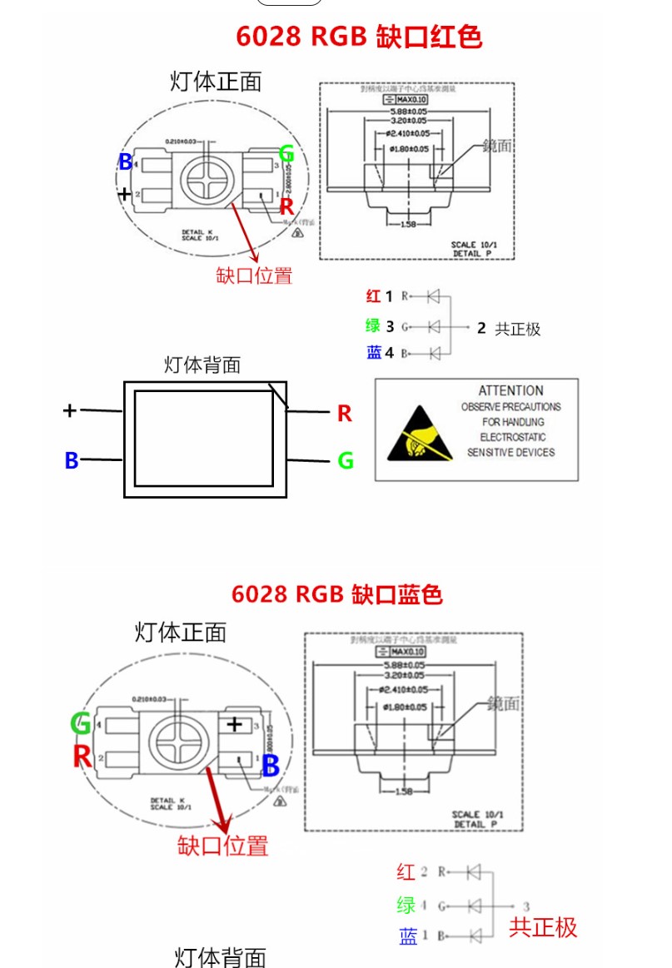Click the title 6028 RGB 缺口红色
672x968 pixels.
click(359, 37)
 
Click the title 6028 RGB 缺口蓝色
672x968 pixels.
click(336, 594)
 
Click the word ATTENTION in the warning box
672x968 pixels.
click(510, 390)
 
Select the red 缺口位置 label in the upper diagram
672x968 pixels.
click(254, 276)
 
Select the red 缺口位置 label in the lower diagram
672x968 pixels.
click(223, 846)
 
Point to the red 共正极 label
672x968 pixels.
click(543, 927)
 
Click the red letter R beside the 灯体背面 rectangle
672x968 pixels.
click(345, 414)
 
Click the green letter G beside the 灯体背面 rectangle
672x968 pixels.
click(346, 460)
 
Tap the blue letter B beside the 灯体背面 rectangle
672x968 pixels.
click(72, 460)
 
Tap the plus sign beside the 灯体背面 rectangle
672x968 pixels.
click(70, 410)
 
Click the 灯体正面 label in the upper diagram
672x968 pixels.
click(216, 81)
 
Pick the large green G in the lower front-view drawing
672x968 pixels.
click(81, 723)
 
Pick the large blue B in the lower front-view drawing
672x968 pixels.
click(270, 767)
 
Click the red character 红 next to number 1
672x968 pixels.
click(373, 295)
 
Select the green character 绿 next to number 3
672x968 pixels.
click(373, 325)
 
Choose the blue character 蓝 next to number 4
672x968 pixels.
click(374, 352)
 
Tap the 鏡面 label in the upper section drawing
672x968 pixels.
click(497, 146)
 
